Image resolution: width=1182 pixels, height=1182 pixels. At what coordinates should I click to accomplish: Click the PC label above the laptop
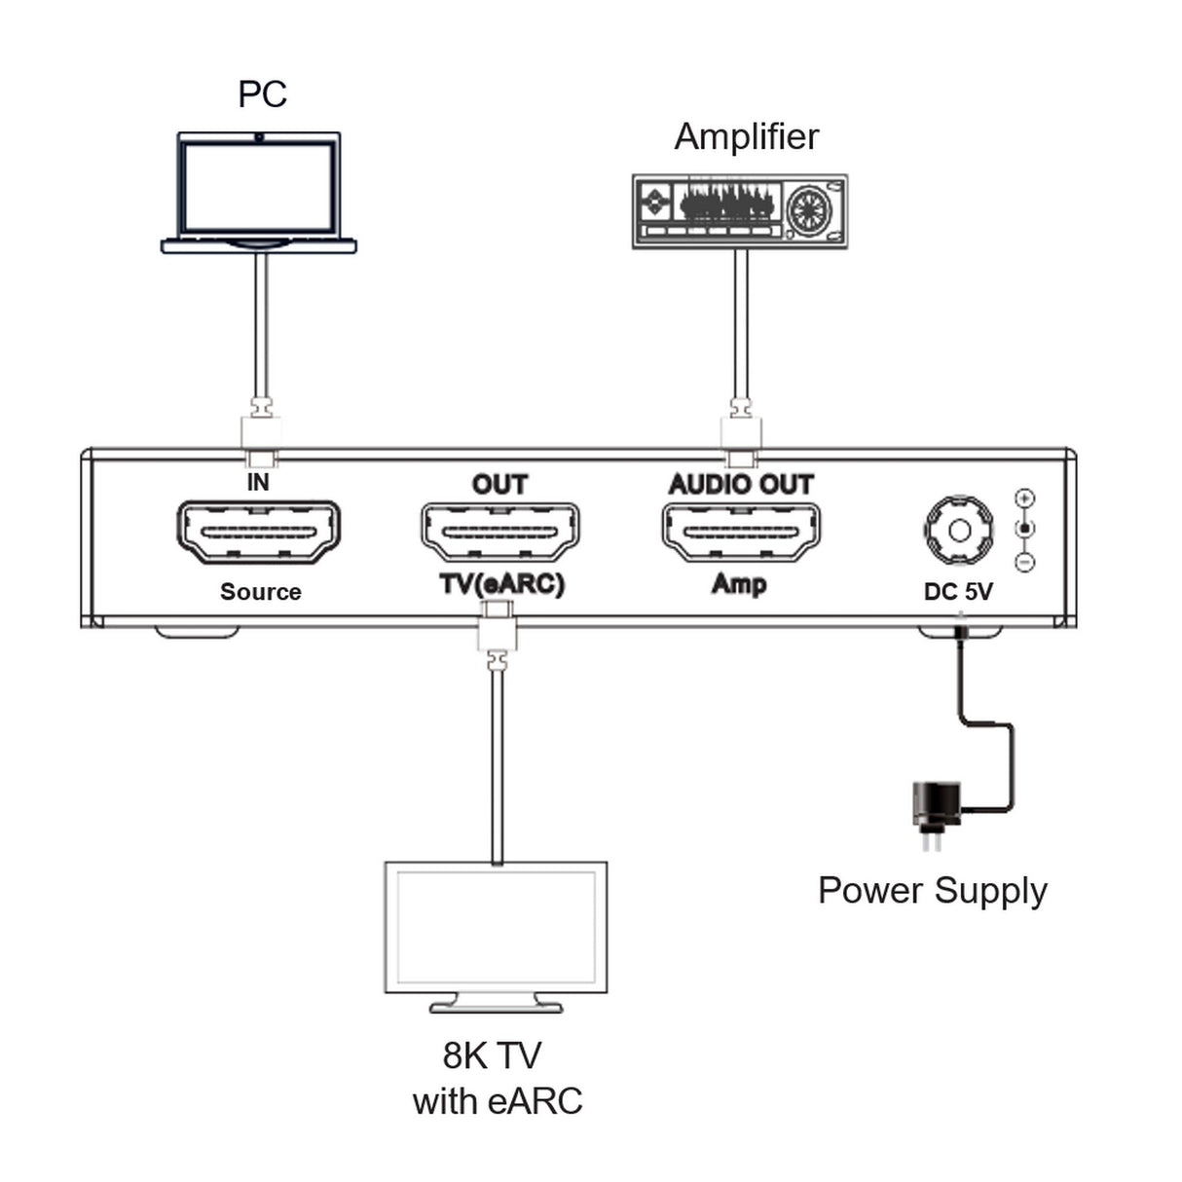262,94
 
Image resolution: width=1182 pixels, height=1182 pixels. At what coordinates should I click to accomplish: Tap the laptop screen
258,184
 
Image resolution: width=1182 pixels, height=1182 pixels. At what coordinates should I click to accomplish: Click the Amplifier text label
746,136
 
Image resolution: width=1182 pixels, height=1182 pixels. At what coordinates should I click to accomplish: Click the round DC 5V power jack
959,531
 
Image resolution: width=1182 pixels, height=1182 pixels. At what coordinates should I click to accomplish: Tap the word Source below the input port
260,592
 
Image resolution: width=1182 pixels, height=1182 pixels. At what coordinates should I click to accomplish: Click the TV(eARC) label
501,584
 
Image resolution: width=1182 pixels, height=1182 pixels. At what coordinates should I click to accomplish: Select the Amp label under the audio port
739,584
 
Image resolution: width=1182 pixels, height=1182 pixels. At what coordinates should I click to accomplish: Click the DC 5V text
958,591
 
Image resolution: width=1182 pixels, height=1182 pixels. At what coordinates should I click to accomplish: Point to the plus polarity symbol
1024,499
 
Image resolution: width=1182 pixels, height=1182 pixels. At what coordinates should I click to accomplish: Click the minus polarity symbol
1024,562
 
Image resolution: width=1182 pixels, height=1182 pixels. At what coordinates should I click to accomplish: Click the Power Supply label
932,891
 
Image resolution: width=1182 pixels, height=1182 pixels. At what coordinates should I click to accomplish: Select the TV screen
496,926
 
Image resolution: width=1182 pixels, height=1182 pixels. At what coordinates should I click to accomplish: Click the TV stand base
496,1006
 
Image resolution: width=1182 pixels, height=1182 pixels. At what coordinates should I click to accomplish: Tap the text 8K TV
491,1055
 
